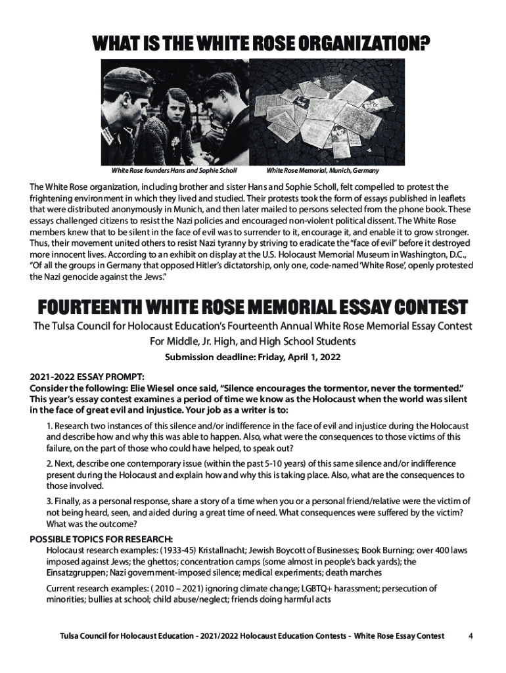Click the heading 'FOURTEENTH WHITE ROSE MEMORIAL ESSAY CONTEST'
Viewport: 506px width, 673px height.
pos(252,308)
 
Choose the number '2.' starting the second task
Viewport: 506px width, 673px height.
pos(50,464)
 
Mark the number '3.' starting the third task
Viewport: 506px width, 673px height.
pos(50,501)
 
